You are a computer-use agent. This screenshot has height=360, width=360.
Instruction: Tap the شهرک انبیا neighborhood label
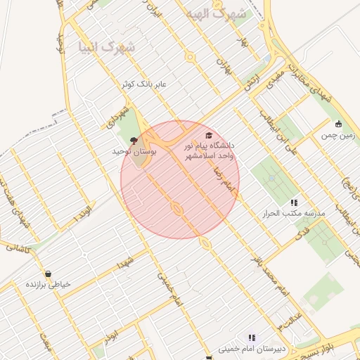click(108, 47)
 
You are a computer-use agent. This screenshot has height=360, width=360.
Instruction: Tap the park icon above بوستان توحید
click(134, 141)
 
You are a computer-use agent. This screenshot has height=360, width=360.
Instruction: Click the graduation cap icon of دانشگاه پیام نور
click(208, 136)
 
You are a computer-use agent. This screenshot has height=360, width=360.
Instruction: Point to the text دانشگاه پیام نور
click(209, 146)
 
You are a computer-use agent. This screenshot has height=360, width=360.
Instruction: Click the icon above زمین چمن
click(339, 124)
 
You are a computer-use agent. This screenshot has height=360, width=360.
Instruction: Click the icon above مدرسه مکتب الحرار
click(293, 202)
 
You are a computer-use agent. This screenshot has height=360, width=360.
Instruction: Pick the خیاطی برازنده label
click(48, 284)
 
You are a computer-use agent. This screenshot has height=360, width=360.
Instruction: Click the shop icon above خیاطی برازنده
click(48, 274)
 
